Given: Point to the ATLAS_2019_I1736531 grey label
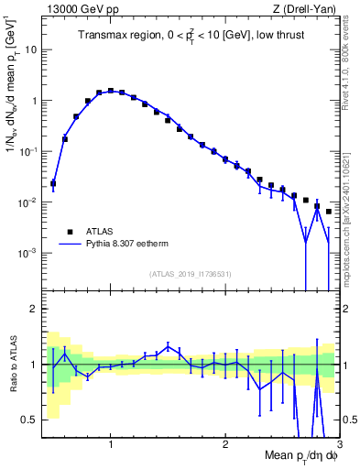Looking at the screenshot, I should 191,274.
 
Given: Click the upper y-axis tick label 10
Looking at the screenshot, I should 30,50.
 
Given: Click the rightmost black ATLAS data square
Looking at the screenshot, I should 329,212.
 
